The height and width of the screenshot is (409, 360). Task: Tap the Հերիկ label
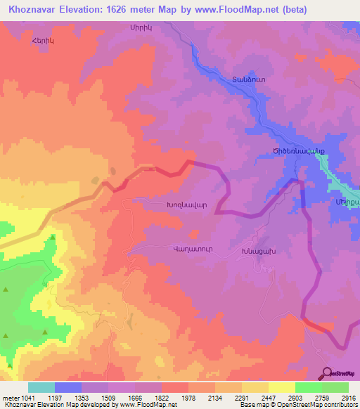[43, 40]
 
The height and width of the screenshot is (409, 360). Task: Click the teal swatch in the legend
[41, 387]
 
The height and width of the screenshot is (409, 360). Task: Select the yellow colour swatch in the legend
[281, 387]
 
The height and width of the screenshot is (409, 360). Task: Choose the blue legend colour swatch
[68, 387]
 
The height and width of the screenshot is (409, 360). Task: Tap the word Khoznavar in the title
[32, 10]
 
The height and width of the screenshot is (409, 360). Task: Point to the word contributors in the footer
[341, 405]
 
